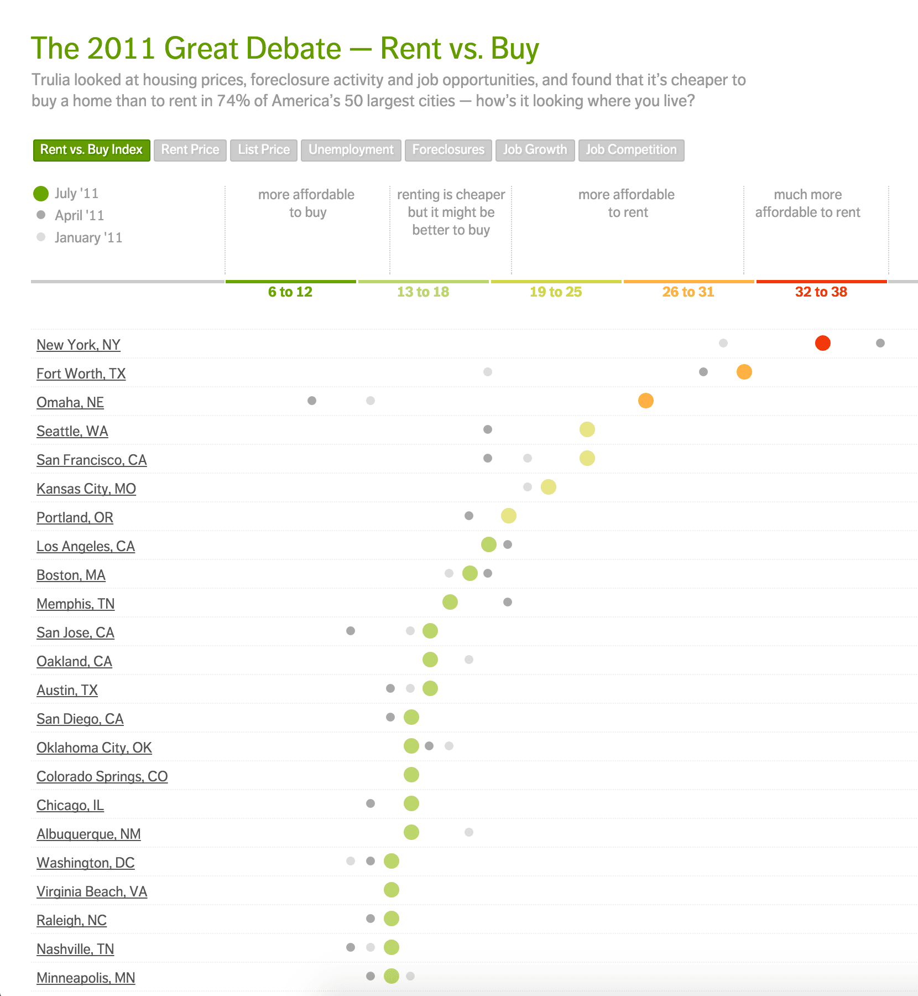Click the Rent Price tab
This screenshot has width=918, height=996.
[x=190, y=150]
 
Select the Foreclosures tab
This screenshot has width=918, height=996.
[x=448, y=150]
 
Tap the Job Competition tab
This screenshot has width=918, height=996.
[x=631, y=150]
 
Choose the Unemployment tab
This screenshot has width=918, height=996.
[x=351, y=150]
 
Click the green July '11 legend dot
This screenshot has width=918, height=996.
[x=41, y=194]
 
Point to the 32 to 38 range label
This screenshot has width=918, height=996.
[x=821, y=292]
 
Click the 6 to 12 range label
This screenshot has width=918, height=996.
[x=290, y=292]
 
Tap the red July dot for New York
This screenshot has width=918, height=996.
[x=822, y=343]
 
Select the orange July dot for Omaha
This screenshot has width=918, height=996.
[x=645, y=401]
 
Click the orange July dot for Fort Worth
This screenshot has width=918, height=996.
[x=744, y=372]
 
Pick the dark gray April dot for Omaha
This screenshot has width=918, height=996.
[x=312, y=401]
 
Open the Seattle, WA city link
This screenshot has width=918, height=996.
[x=72, y=432]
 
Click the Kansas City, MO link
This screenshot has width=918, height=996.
[x=86, y=489]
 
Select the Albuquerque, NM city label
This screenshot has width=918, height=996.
[x=88, y=834]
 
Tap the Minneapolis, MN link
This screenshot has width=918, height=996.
[x=86, y=978]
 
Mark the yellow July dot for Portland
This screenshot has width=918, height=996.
[x=508, y=516]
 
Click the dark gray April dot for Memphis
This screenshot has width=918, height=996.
[x=508, y=602]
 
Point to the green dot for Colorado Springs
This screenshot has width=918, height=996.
[x=411, y=775]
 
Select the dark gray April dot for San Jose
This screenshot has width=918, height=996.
[x=351, y=631]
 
